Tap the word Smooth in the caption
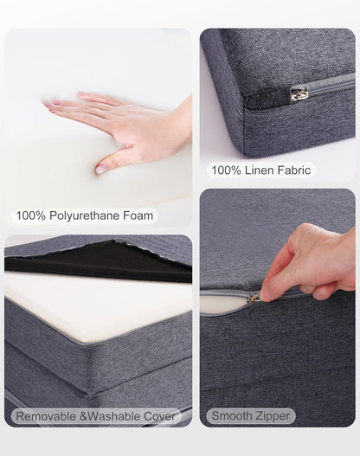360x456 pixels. [x=232, y=416]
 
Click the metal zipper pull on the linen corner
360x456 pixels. [x=298, y=93]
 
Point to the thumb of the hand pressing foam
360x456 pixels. [x=111, y=161]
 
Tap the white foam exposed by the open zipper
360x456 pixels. [x=223, y=305]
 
